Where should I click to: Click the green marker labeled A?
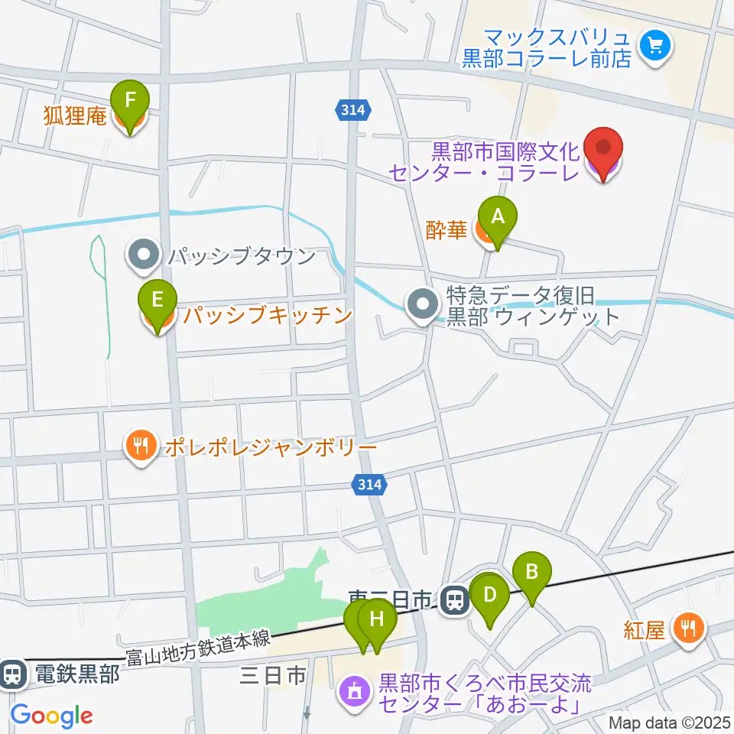(x=498, y=218)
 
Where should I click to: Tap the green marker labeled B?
(x=532, y=573)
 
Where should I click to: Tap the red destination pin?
(x=603, y=149)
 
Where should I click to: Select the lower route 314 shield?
(x=369, y=483)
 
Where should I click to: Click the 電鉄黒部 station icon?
(x=12, y=674)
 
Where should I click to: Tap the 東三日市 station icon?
(x=456, y=599)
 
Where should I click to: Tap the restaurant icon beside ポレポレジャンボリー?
(x=141, y=446)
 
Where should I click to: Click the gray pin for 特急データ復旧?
(x=422, y=306)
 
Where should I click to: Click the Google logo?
(x=51, y=716)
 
